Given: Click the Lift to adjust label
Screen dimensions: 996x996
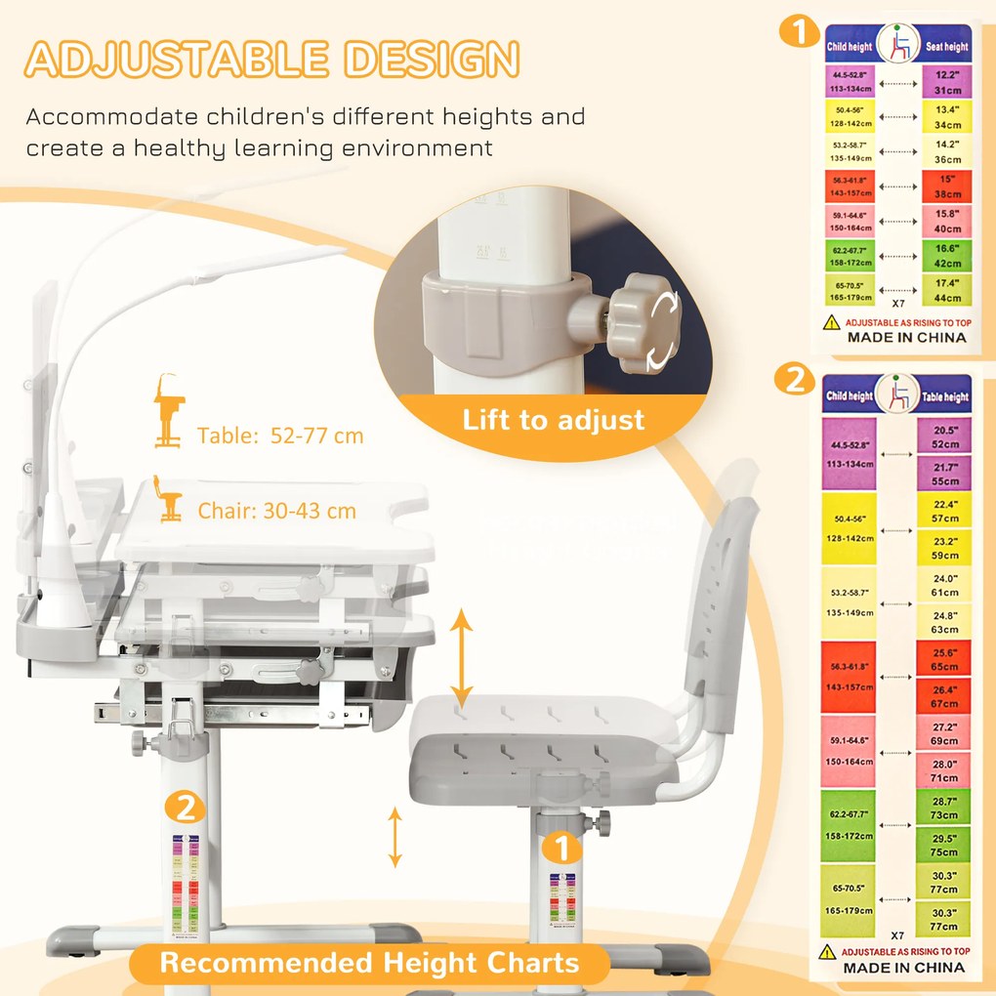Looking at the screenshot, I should coord(554,420).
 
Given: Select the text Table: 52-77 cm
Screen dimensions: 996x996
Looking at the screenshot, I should coord(279,436).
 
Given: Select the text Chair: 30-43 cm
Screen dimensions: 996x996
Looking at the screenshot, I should coord(276,510).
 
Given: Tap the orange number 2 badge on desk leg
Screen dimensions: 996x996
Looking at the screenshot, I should coord(185,808).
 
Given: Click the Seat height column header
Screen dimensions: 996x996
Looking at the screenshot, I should coord(945,46).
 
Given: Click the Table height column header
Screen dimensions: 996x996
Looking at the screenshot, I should coord(944,396).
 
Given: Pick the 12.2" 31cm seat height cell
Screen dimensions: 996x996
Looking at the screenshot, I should coord(946,81).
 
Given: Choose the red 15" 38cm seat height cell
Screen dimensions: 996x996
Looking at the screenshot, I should coord(946,186).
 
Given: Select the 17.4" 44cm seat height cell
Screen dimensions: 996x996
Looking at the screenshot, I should coord(946,290).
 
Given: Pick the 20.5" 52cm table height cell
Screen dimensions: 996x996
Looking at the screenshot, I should coord(944,436).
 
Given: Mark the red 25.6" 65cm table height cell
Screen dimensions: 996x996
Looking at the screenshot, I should coord(944,659).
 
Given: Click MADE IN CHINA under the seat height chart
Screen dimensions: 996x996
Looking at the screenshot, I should coord(906,337).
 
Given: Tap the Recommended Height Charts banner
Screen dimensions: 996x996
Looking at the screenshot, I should coord(369,964).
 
